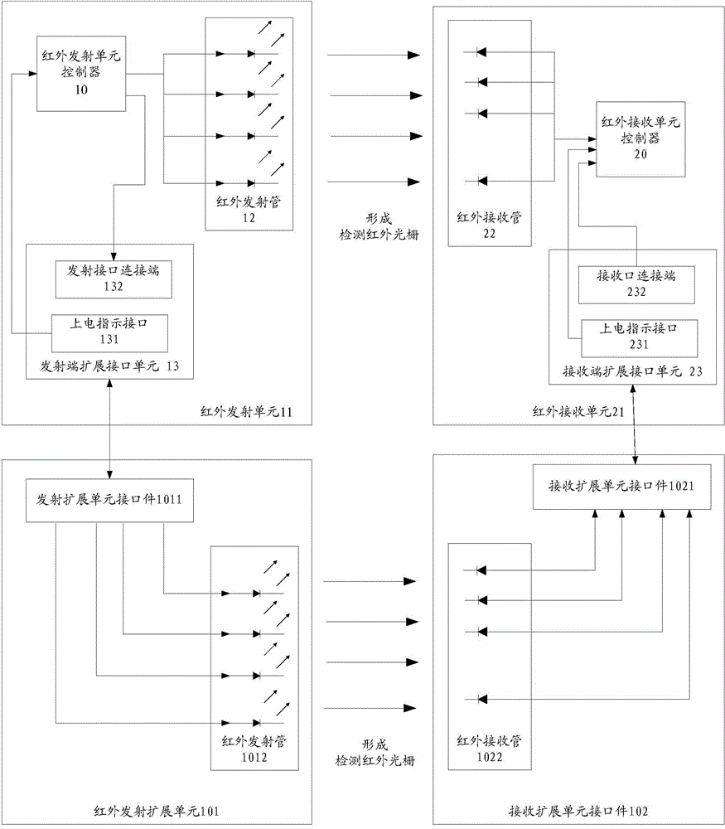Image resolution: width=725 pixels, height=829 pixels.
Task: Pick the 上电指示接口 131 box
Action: (x=110, y=331)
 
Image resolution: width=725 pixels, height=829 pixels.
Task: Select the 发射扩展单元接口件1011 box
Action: (x=109, y=500)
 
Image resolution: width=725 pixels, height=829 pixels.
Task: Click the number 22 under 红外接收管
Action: (x=489, y=234)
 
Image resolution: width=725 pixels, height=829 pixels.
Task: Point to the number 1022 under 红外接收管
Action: (x=488, y=756)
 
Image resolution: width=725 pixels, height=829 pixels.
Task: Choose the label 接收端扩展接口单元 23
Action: (x=632, y=371)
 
